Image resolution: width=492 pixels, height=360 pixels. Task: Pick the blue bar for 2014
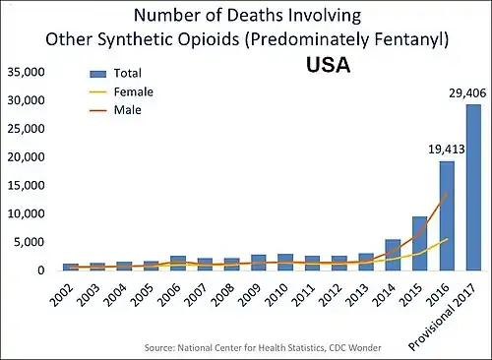(393, 255)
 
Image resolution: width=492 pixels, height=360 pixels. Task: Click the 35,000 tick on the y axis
(27, 73)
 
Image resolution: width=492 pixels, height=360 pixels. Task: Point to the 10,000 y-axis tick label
(27, 213)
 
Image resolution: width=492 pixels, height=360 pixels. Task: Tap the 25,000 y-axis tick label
(27, 129)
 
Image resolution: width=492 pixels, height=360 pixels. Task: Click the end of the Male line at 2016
(447, 193)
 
